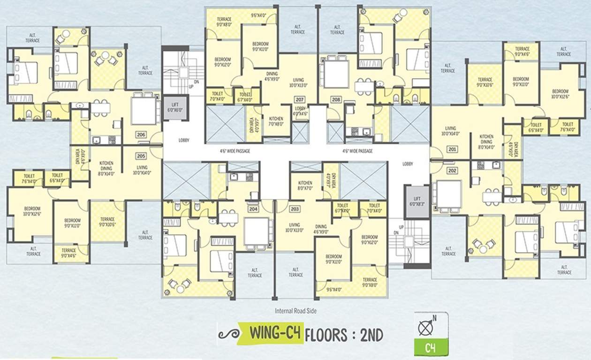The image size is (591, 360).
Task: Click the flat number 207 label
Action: [x=300, y=100]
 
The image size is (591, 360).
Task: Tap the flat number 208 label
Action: [x=336, y=100]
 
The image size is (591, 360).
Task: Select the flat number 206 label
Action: [x=141, y=135]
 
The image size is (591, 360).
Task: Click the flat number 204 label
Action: [x=253, y=209]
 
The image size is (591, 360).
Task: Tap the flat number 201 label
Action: [x=452, y=150]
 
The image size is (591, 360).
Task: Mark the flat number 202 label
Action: [x=452, y=171]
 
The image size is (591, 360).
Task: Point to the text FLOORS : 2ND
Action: [x=344, y=335]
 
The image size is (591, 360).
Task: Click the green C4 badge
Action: [x=431, y=348]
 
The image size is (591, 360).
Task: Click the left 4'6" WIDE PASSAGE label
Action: [x=235, y=151]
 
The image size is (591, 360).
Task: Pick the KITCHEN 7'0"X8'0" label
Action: [x=276, y=121]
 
